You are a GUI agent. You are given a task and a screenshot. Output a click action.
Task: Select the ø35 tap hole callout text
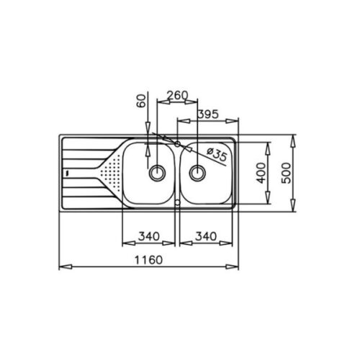click(x=217, y=153)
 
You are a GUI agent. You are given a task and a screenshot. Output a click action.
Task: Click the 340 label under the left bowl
click(x=147, y=235)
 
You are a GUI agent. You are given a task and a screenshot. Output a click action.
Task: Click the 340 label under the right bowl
click(x=207, y=235)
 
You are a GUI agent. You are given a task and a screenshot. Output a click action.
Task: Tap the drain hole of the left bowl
click(x=156, y=172)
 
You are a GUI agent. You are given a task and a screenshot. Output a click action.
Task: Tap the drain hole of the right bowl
click(x=197, y=172)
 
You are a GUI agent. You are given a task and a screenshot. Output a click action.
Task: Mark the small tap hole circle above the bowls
click(x=177, y=142)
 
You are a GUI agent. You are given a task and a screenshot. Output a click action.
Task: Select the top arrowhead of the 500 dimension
click(x=295, y=137)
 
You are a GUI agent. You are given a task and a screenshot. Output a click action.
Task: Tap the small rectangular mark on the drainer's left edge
click(x=66, y=173)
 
